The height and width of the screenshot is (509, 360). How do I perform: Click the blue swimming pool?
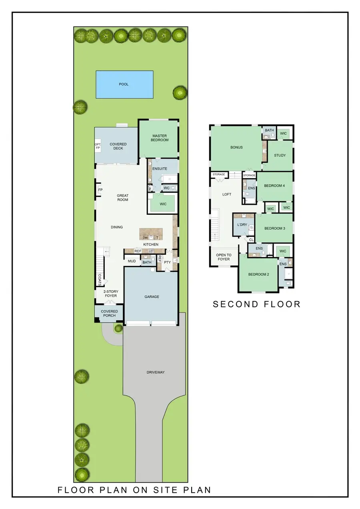pos(124,84)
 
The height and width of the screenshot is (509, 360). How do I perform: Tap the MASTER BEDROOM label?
pos(160,138)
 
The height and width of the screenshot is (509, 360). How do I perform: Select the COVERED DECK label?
pos(118,146)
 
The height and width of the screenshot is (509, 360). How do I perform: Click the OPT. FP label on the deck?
pos(98,146)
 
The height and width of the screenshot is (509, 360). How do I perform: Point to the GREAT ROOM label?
pos(122,198)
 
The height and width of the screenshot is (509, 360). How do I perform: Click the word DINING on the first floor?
pos(117,227)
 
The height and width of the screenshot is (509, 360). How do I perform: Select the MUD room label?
pos(132,261)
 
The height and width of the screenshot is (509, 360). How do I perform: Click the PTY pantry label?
pos(167,262)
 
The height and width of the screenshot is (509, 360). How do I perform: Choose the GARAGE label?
pos(152,297)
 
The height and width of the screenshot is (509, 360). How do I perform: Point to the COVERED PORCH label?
pos(109,313)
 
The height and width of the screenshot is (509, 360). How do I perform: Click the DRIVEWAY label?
pos(156,372)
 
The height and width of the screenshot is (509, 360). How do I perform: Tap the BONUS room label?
pos(236,148)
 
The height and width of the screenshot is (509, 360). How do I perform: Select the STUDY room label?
pos(280,155)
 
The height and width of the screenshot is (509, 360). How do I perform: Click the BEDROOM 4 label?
pos(274,186)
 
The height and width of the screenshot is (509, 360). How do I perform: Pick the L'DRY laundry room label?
pos(242,225)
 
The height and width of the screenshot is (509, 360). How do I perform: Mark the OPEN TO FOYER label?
pos(224,257)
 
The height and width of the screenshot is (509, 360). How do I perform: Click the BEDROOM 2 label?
pos(258,274)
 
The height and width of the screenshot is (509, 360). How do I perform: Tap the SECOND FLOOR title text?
pos(256,304)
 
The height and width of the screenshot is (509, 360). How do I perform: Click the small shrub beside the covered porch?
pos(118,329)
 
